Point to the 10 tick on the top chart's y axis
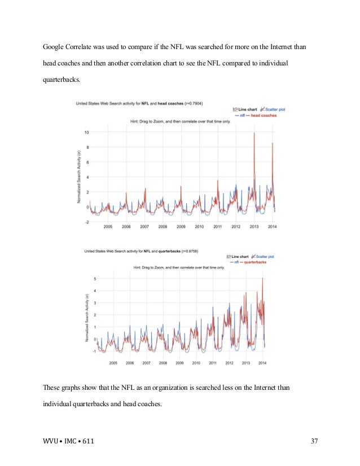[x=86, y=133]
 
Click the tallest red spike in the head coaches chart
[x=254, y=134]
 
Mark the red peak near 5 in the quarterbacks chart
[x=262, y=279]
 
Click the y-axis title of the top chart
[x=79, y=177]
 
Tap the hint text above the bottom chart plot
[x=179, y=267]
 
